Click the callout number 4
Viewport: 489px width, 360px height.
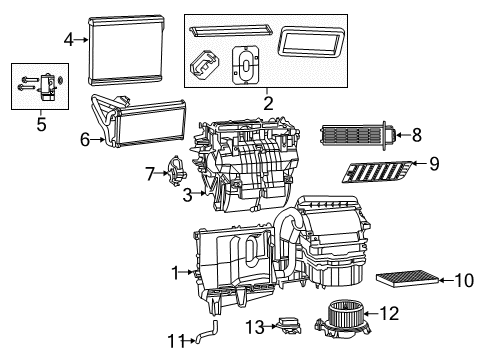pyautogui.click(x=69, y=40)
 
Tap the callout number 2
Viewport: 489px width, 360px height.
pyautogui.click(x=266, y=102)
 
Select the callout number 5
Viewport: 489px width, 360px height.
pyautogui.click(x=40, y=124)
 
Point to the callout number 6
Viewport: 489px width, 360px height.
pyautogui.click(x=85, y=140)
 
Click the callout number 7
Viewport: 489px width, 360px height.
pyautogui.click(x=151, y=175)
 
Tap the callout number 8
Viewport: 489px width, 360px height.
pyautogui.click(x=417, y=132)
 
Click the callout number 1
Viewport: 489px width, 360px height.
pyautogui.click(x=176, y=271)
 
